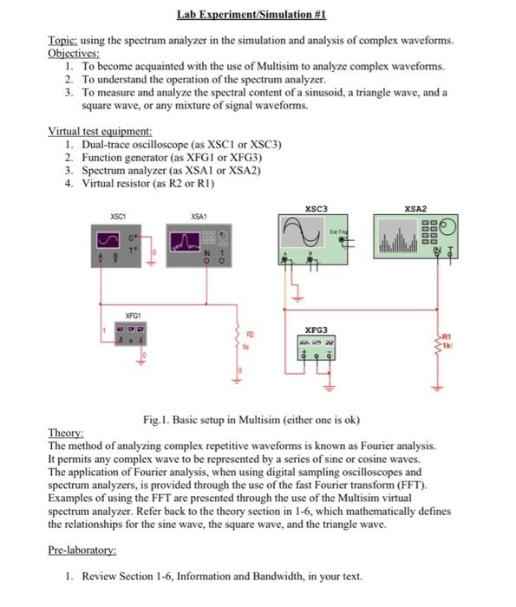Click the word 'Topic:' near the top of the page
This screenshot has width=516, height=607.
(x=62, y=41)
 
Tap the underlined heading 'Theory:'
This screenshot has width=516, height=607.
(x=66, y=433)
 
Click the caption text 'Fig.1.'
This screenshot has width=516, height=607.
(x=159, y=421)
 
